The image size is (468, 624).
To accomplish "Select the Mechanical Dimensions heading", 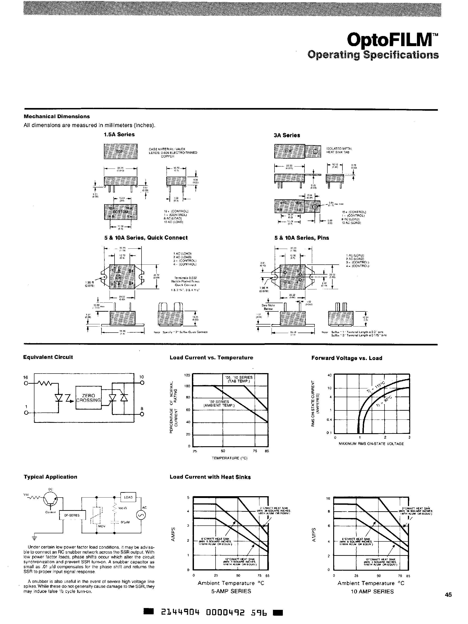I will pos(57,117).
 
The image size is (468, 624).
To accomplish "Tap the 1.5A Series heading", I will pos(119,135).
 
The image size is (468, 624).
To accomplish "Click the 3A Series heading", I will pos(287,135).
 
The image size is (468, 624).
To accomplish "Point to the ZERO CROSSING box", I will pos(88,398).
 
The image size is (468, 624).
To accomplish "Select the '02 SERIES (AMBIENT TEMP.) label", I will pos(219,404).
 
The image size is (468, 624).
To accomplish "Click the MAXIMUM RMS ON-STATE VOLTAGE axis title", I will pos(371,444).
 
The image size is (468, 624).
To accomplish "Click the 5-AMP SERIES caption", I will pos(231,591).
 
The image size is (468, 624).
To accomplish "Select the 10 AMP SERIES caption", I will pos(372,592).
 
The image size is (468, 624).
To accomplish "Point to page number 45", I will pos(448,595).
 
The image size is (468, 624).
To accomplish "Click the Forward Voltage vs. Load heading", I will pos(346,358).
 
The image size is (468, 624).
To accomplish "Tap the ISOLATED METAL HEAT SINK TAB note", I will pos(339,150).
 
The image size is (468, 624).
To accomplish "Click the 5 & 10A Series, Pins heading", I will pos(301,238).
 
